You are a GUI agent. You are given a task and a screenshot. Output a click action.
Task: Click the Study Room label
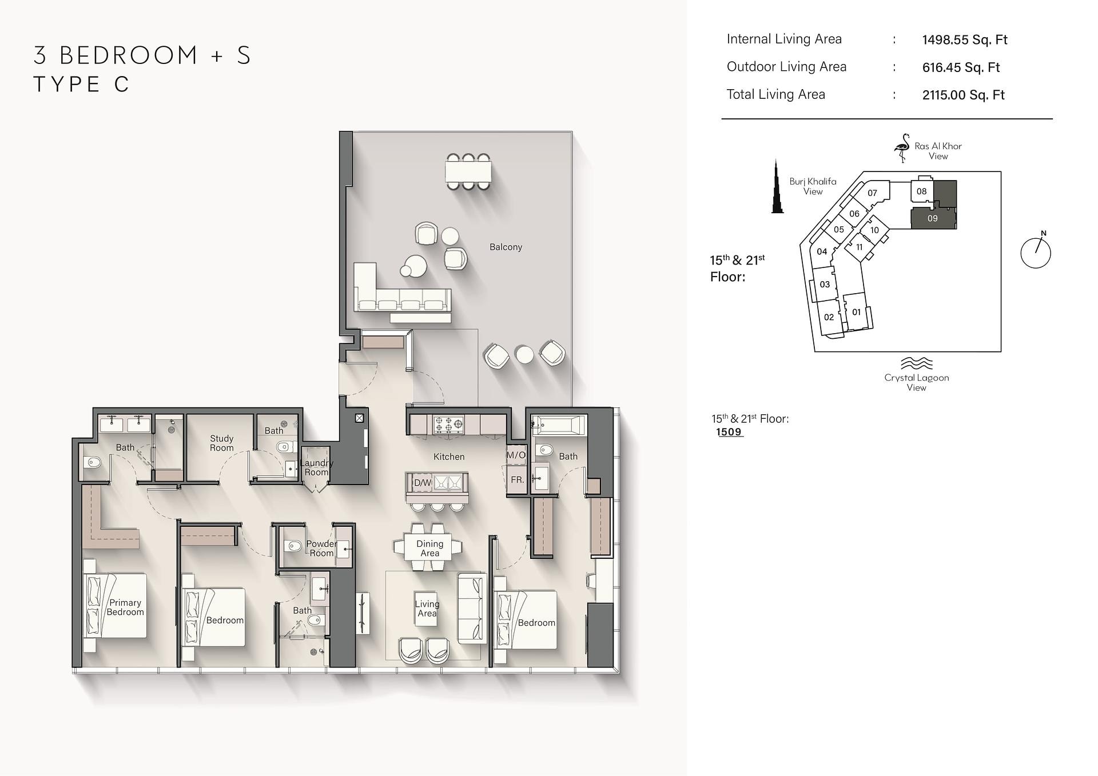(221, 443)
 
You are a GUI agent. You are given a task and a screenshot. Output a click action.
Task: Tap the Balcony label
(506, 247)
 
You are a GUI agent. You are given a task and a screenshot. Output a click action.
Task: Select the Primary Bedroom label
(125, 607)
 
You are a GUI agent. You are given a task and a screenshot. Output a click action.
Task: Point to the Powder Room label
(321, 549)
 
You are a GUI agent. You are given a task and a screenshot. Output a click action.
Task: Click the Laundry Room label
(316, 467)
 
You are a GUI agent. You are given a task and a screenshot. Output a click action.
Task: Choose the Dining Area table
(429, 548)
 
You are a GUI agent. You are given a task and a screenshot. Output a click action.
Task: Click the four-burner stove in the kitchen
(448, 424)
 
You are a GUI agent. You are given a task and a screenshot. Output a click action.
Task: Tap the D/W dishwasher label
(423, 483)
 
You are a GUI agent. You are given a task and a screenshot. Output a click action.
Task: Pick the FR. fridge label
(517, 479)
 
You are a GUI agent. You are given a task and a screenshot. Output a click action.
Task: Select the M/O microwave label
(516, 455)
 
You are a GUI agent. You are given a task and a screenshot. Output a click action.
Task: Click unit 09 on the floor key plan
(933, 218)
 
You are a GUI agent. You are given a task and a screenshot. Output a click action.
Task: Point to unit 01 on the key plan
(856, 312)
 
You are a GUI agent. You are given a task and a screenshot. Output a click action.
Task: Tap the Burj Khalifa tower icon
(777, 186)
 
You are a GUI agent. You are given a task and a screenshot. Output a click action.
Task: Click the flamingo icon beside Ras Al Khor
(902, 148)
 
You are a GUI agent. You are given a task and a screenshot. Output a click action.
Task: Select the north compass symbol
(1036, 251)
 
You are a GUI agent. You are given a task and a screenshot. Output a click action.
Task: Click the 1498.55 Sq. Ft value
(965, 39)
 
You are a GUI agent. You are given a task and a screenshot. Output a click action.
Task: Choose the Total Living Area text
(775, 94)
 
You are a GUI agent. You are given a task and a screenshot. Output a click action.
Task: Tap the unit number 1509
(729, 432)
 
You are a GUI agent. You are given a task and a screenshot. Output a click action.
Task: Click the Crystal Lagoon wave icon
(916, 363)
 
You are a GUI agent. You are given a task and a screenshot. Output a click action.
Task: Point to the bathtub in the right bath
(559, 425)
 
